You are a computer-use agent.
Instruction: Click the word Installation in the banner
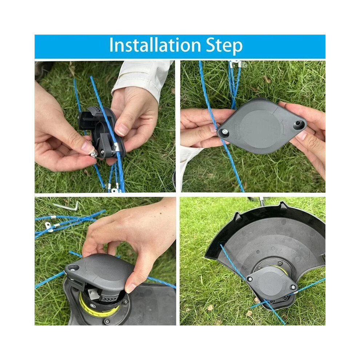point(155,45)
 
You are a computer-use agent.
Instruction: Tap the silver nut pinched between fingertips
point(94,154)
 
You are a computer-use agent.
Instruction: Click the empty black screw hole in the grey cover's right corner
point(298,123)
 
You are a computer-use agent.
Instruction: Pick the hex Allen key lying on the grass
point(67,206)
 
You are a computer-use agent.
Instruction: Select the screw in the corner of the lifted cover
point(73,268)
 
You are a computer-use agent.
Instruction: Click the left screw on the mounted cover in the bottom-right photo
point(250,279)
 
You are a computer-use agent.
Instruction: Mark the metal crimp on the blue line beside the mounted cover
point(296,292)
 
